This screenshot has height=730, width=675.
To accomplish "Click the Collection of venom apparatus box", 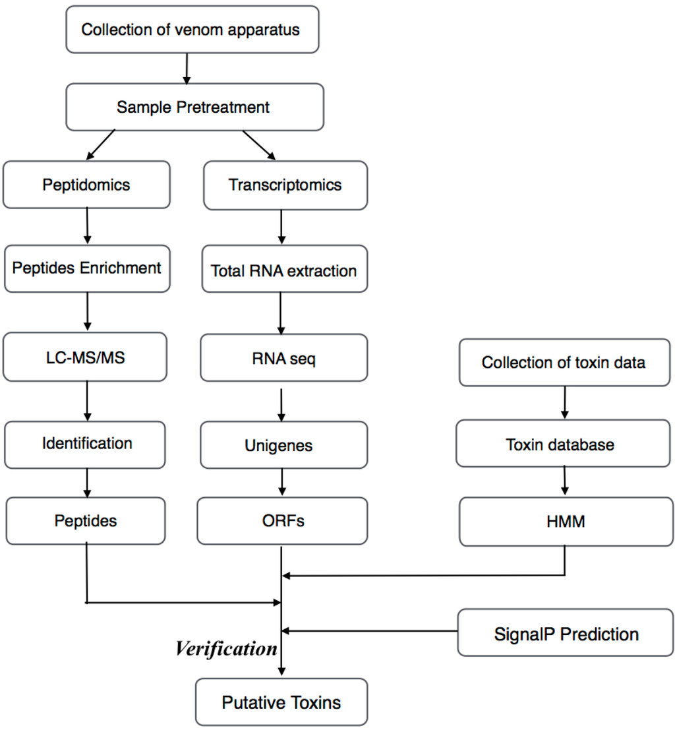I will pos(192,30).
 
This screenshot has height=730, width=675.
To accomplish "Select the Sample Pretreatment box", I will pos(194,107).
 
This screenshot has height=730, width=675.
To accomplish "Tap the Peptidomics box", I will pos(86,185).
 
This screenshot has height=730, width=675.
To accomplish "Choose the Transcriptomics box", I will pos(285,185).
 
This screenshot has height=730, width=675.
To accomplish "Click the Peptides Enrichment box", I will pos(87,268).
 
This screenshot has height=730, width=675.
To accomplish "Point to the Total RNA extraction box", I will pos(283,270).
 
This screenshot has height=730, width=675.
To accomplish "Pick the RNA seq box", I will pos(283,359).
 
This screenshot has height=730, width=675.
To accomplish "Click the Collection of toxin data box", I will pos(564,363).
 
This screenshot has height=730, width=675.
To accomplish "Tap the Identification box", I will pos(86,444).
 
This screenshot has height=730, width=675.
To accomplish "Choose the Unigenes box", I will pos(283,446).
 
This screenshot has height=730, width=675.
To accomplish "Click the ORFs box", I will pos(282,521).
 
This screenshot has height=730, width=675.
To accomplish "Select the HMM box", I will pos(565,522).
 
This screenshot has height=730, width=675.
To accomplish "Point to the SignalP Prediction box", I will pos(566,634).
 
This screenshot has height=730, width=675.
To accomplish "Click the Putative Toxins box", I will pos(281,702).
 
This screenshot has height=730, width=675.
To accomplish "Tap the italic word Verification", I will pos(226,650).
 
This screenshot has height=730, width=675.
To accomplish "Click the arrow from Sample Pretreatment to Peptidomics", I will pos(101,144).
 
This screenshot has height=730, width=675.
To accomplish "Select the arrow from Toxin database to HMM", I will pos(564,481).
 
